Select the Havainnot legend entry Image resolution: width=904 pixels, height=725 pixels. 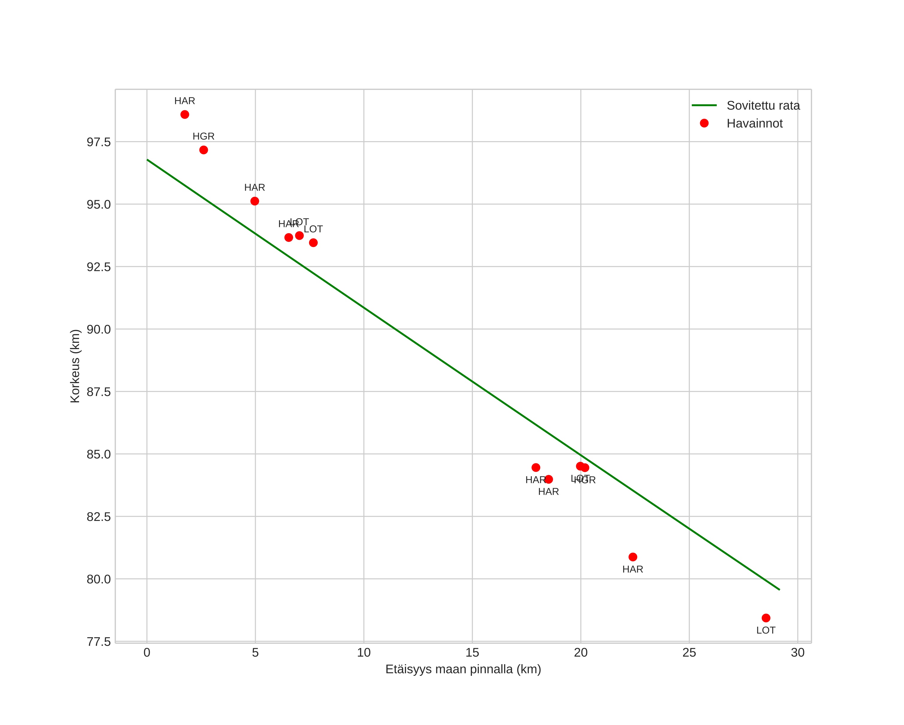point(754,124)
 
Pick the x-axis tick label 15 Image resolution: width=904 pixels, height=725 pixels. point(472,653)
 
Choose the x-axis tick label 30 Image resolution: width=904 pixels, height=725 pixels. point(797,653)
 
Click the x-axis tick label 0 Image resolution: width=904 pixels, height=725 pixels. point(147,653)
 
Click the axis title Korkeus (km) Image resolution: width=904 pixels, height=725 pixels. point(75,366)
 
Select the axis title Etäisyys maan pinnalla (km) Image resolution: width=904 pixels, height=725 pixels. point(463,669)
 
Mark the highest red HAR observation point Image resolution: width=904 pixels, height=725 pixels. point(184,114)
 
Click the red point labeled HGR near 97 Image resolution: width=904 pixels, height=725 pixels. point(203,150)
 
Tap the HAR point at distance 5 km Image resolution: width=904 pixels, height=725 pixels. point(255,201)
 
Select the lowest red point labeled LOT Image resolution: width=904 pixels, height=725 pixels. point(766,618)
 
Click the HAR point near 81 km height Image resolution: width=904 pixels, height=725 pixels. point(633,557)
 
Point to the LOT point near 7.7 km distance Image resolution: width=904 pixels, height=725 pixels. point(313,242)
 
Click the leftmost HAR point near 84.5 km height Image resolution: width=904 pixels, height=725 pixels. point(535,467)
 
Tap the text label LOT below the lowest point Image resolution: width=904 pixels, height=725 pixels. point(766,630)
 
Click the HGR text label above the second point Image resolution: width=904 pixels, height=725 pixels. point(203,136)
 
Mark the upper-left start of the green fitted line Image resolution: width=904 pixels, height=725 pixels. point(147,160)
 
